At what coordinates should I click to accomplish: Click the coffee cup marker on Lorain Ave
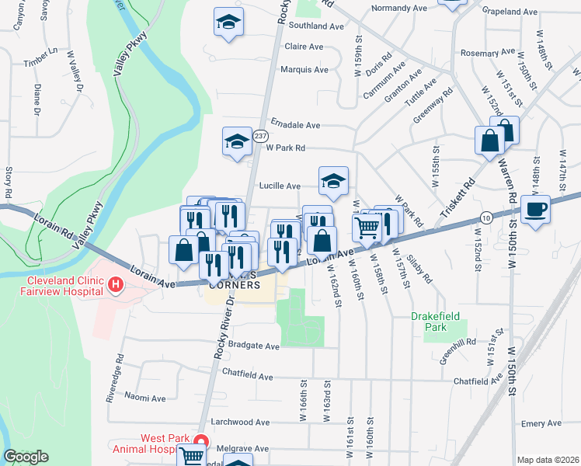(x=535, y=209)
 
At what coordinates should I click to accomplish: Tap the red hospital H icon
(x=116, y=285)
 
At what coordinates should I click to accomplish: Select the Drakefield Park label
(x=430, y=322)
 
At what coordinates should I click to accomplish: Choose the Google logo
(x=26, y=457)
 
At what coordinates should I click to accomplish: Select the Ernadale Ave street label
(x=295, y=124)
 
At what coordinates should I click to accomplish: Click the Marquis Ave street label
(x=305, y=69)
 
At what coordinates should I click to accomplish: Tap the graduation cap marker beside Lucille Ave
(x=334, y=182)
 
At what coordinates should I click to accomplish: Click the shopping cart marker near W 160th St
(x=366, y=227)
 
